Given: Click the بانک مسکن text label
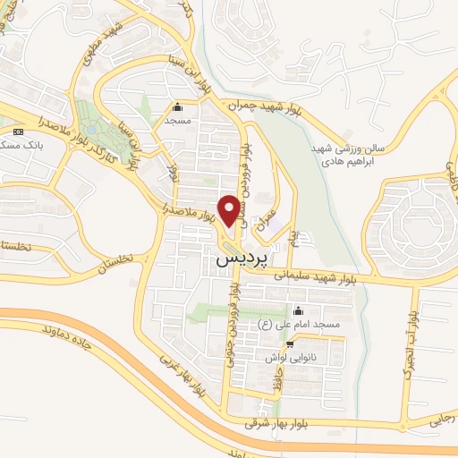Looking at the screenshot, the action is (23, 146).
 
